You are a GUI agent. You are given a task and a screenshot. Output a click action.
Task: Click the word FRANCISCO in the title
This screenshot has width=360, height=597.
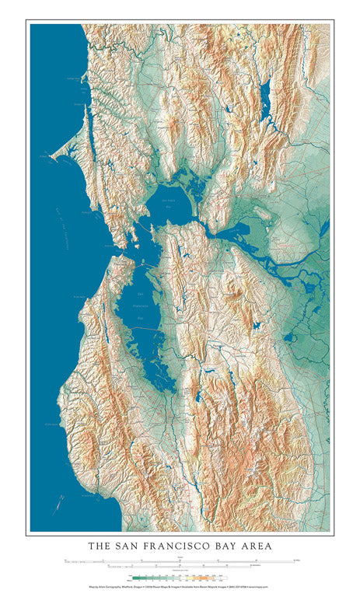tap(178, 546)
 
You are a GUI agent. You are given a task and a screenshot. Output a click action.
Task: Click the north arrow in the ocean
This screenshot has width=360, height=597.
tap(59, 504)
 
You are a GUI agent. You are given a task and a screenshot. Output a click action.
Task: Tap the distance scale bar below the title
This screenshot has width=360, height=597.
tap(180, 560)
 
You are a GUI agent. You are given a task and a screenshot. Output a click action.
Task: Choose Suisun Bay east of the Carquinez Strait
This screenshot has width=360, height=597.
tap(237, 230)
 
